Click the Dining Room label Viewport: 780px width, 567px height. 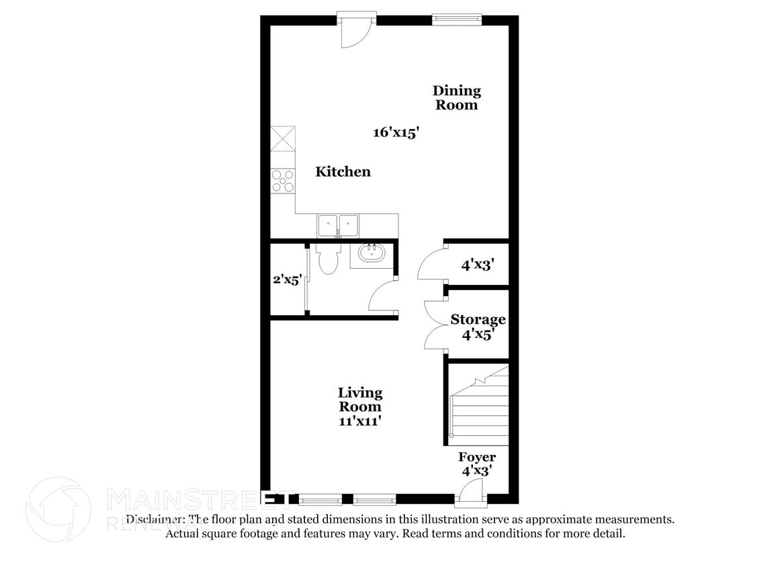click(x=456, y=97)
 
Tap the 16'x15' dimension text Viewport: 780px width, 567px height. click(x=396, y=132)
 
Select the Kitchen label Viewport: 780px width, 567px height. click(x=343, y=172)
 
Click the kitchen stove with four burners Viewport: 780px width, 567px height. click(x=283, y=181)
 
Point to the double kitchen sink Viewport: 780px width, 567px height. click(x=338, y=224)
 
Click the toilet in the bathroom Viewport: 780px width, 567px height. click(x=328, y=259)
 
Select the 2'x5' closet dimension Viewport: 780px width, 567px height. click(x=287, y=279)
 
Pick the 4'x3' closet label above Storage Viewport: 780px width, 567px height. click(x=478, y=265)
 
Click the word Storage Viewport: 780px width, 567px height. click(x=478, y=319)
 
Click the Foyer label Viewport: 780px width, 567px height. click(x=477, y=457)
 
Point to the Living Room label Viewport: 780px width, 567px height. click(x=359, y=399)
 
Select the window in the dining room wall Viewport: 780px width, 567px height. click(x=457, y=19)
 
